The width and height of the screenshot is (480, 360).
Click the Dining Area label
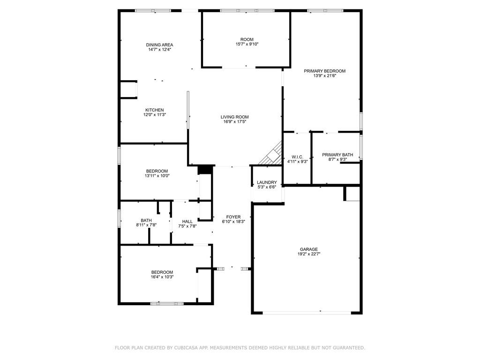pos(159,45)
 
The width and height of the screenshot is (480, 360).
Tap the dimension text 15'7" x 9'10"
pos(247,44)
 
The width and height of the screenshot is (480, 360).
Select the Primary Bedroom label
pos(324,71)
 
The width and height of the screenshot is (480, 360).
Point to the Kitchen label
pos(155,110)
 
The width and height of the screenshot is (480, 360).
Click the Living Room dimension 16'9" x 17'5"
pos(235,121)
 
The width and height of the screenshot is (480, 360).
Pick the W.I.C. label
pos(297,157)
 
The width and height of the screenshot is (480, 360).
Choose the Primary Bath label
pos(337,155)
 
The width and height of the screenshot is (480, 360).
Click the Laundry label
pos(267,182)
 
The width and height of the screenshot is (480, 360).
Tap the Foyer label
pos(233,217)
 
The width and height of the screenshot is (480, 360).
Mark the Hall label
pos(187,222)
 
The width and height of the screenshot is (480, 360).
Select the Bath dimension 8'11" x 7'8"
pos(146,225)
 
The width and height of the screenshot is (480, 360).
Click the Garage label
pos(309,249)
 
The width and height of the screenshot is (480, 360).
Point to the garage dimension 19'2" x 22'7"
pos(309,254)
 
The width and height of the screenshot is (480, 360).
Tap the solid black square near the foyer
pos(205,169)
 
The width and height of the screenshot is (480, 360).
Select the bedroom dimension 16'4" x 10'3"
pos(162,277)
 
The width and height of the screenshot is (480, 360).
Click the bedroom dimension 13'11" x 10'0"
pos(157,176)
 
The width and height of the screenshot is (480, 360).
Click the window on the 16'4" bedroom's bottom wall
pos(167,304)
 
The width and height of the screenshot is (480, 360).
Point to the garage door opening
pos(307,313)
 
